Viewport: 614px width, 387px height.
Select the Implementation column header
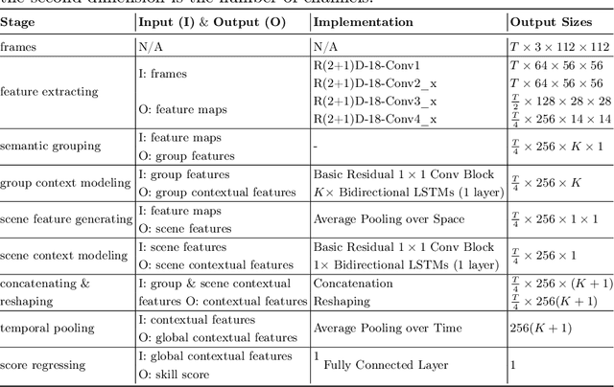[x=364, y=21]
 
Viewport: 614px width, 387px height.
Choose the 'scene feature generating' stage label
[x=65, y=218]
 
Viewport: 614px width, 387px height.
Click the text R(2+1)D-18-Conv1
[x=368, y=65]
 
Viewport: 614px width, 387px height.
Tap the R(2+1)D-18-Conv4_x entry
[x=373, y=118]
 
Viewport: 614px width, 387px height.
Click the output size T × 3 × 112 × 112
[x=559, y=45]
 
